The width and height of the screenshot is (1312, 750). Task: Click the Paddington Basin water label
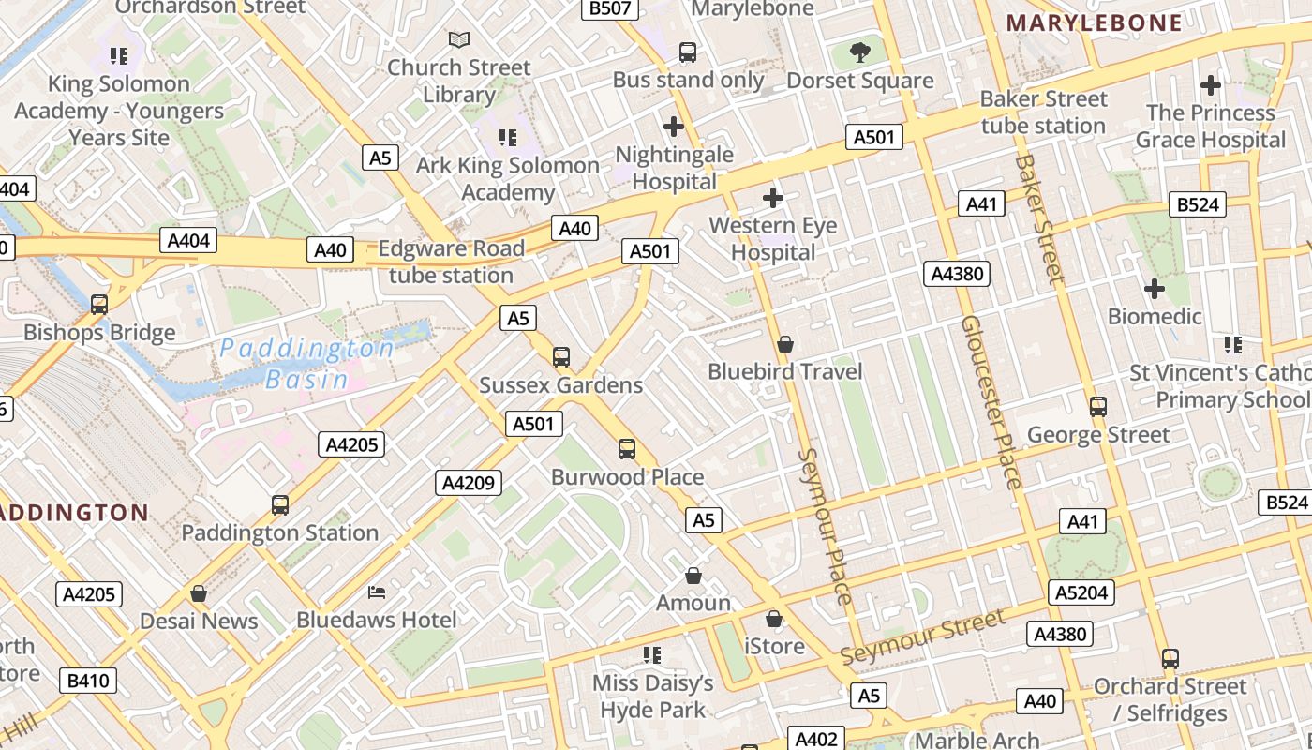click(x=306, y=364)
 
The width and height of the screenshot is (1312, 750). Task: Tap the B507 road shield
click(x=610, y=8)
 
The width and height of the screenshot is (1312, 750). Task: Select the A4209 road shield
click(x=469, y=484)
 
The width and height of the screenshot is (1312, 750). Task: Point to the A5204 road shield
click(x=1081, y=592)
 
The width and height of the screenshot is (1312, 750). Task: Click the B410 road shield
click(x=89, y=680)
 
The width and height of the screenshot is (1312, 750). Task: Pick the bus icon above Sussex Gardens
click(x=561, y=357)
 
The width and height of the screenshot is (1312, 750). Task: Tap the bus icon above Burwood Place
click(x=627, y=449)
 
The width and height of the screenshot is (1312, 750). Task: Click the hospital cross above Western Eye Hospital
click(x=773, y=198)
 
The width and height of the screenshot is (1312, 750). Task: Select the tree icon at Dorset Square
click(x=860, y=52)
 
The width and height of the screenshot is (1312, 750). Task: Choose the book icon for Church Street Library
click(x=458, y=39)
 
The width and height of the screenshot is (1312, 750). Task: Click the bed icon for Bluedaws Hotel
click(x=377, y=592)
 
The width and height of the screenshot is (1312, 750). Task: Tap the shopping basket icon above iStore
click(x=774, y=619)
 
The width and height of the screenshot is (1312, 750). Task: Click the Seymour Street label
click(x=923, y=637)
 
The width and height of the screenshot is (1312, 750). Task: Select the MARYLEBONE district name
click(x=1095, y=23)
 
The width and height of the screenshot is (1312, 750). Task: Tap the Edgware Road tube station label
click(x=451, y=262)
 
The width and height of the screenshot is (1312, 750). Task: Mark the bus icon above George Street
click(x=1098, y=407)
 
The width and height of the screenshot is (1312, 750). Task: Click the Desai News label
click(x=199, y=621)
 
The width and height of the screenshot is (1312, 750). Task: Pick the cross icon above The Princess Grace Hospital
click(x=1211, y=85)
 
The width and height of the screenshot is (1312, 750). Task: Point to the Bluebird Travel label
click(x=785, y=371)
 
